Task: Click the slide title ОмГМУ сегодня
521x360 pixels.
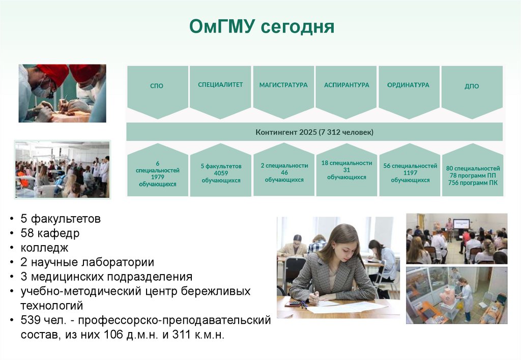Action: pyautogui.click(x=262, y=26)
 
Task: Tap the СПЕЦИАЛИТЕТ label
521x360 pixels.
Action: pyautogui.click(x=220, y=85)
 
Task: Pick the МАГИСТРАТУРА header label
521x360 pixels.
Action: pyautogui.click(x=283, y=85)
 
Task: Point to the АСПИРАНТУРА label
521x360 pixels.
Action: pyautogui.click(x=346, y=85)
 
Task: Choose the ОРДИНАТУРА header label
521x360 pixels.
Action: pyautogui.click(x=408, y=85)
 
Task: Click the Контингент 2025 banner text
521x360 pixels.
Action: pyautogui.click(x=314, y=132)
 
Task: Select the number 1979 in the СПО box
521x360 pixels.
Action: pyautogui.click(x=158, y=177)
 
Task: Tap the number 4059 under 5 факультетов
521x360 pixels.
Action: pyautogui.click(x=221, y=173)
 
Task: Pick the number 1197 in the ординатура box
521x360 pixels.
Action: pyautogui.click(x=411, y=173)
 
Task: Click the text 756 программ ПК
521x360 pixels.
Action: pyautogui.click(x=473, y=183)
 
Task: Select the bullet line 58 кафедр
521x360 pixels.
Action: pyautogui.click(x=50, y=233)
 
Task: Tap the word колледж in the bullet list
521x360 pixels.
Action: pyautogui.click(x=45, y=248)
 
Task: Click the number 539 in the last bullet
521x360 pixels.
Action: pyautogui.click(x=29, y=320)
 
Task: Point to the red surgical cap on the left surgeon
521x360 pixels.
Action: pyautogui.click(x=53, y=74)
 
